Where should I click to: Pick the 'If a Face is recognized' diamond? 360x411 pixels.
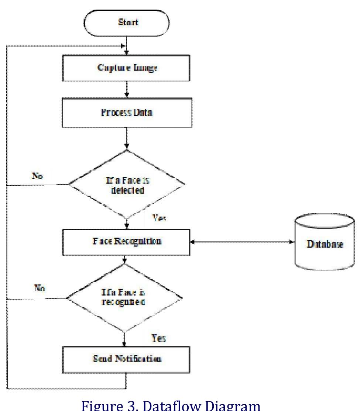click(124, 298)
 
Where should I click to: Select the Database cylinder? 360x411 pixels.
click(325, 244)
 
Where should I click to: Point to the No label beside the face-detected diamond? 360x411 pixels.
click(37, 176)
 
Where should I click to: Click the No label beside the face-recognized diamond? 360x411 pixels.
click(40, 288)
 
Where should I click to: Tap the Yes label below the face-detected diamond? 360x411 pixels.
click(160, 219)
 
